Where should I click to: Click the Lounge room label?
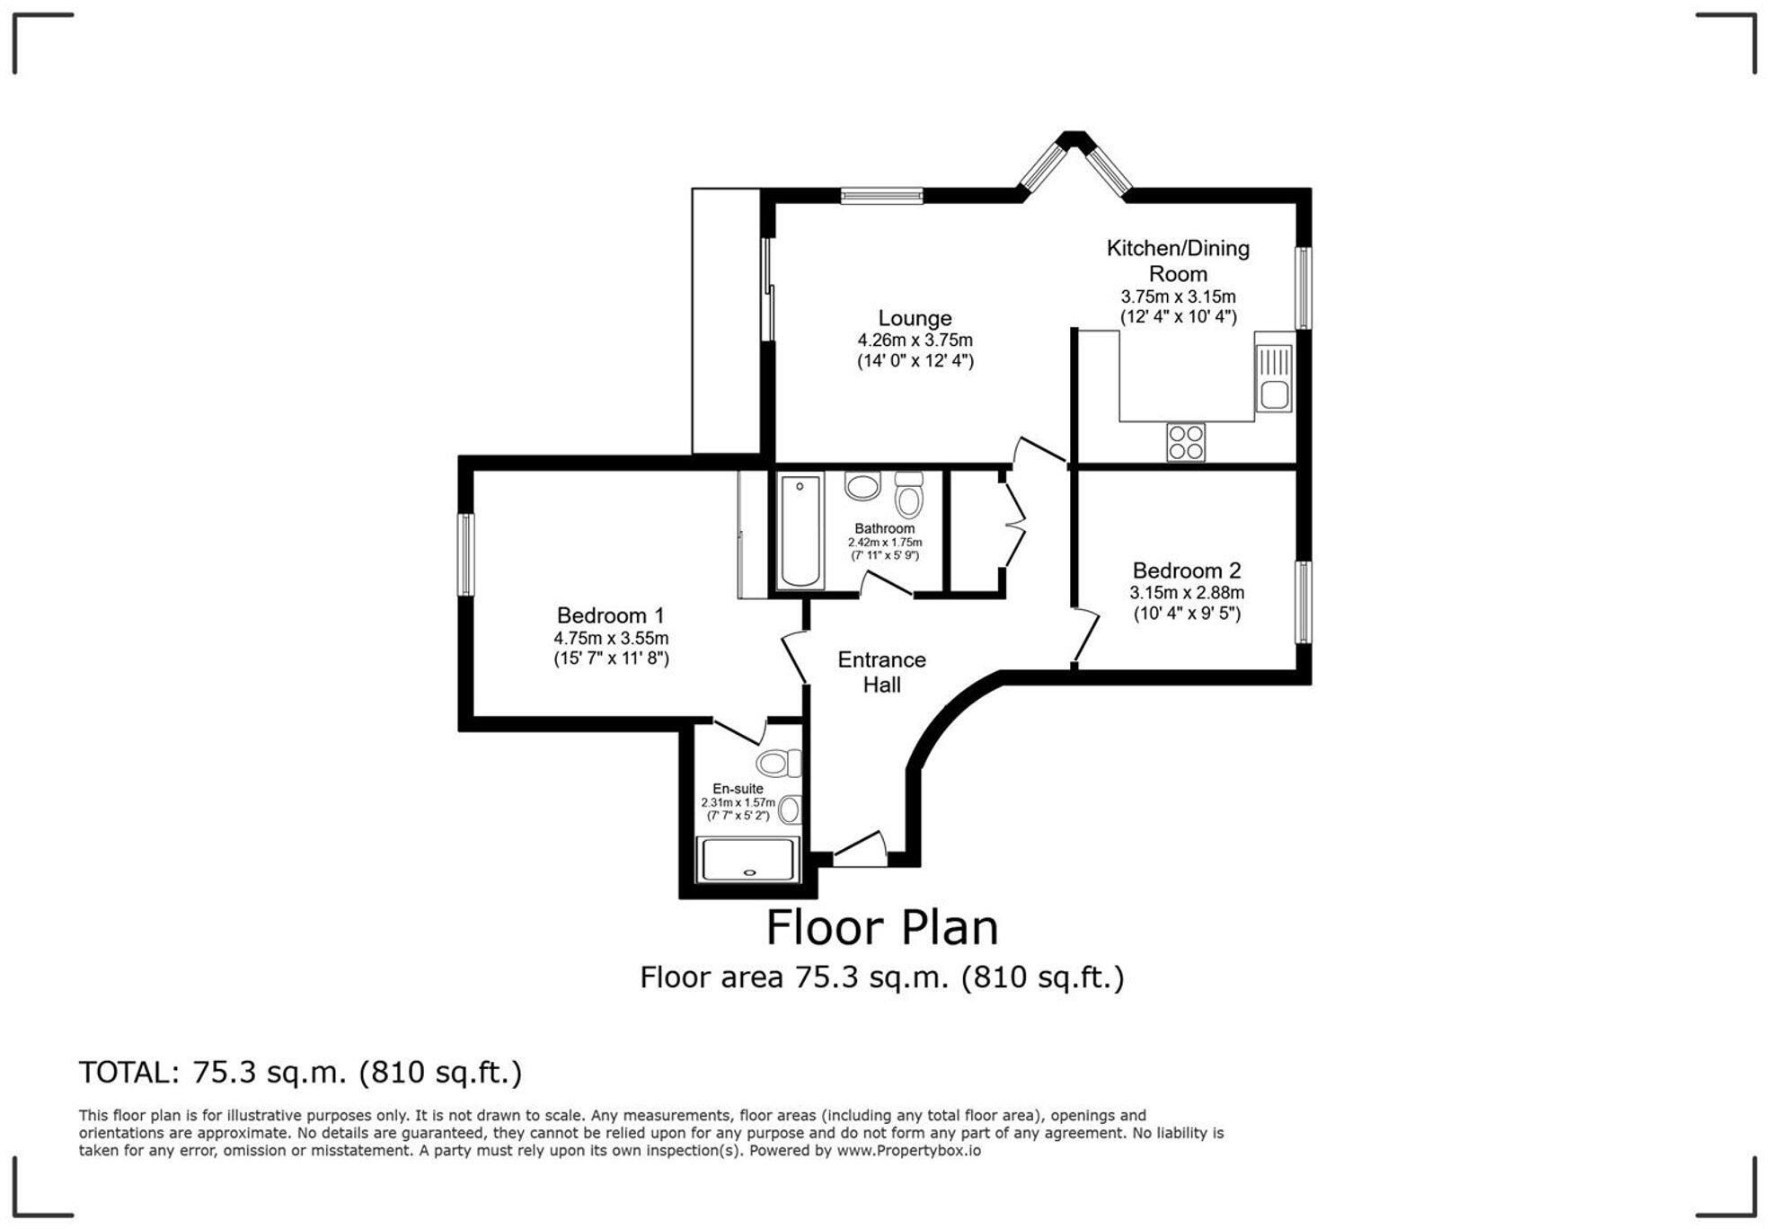(915, 318)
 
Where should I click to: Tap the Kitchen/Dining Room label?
(1178, 261)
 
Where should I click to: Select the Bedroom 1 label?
(610, 615)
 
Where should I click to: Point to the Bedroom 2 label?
(1187, 570)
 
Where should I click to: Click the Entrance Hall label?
(881, 672)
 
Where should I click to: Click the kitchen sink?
(1273, 378)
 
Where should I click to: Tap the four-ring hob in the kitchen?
(1186, 442)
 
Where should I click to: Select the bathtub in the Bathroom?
(800, 532)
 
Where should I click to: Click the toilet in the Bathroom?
(909, 495)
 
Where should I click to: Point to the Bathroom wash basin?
(862, 486)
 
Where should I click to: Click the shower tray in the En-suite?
(747, 860)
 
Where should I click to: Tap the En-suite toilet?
(779, 764)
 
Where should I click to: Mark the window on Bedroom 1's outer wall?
(465, 554)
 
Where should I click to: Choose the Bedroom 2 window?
(1303, 603)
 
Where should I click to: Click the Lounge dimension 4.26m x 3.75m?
(915, 340)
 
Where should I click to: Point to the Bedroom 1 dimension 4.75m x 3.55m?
(611, 638)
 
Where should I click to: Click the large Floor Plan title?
(882, 928)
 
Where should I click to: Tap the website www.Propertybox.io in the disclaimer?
(908, 1151)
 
